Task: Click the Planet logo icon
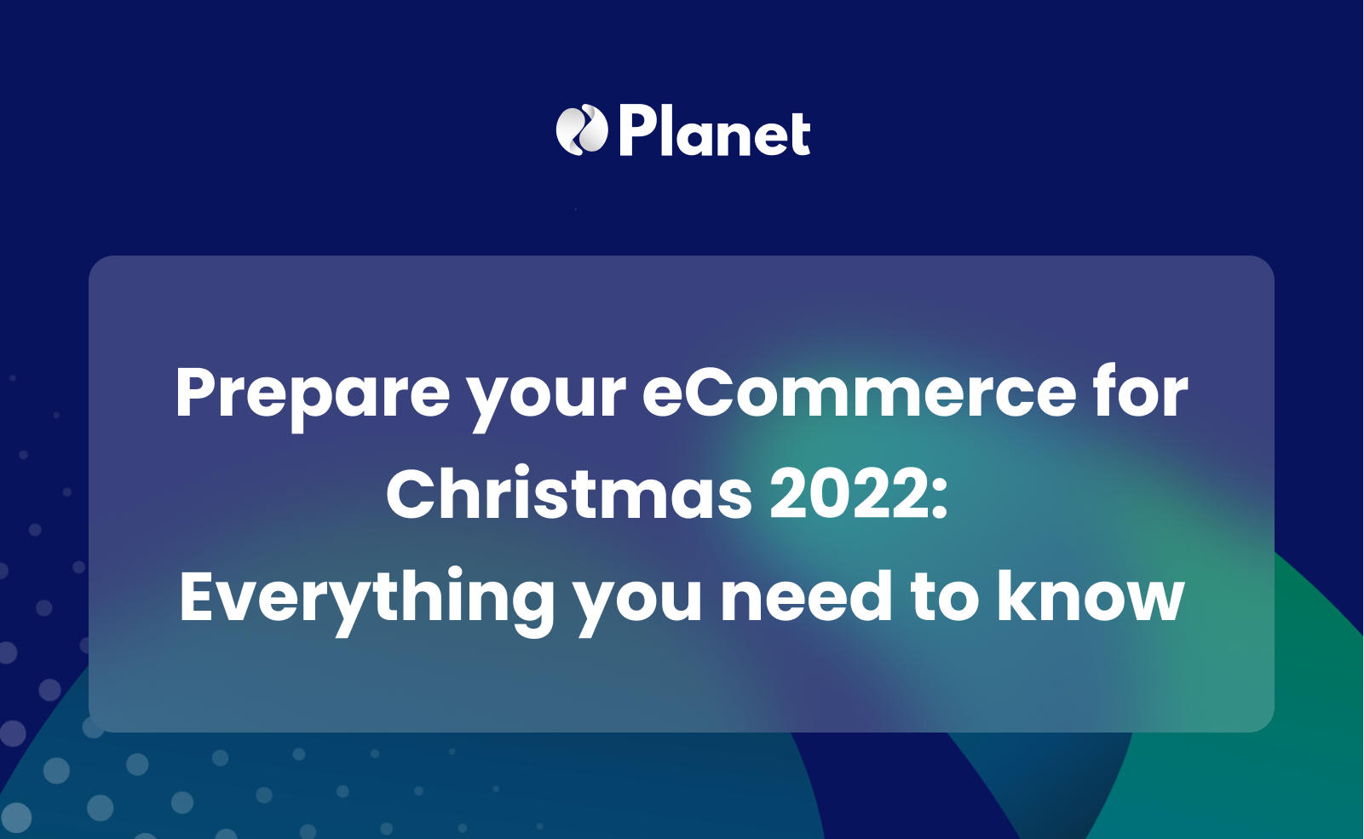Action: click(x=581, y=130)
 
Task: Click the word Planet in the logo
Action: click(x=714, y=133)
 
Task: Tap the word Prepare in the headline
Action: click(x=312, y=393)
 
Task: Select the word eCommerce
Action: click(x=859, y=393)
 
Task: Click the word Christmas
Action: click(x=569, y=495)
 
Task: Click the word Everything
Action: click(x=367, y=598)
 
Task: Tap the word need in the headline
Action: click(x=806, y=597)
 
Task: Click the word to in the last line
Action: click(x=945, y=597)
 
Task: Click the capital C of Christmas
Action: click(x=412, y=495)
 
